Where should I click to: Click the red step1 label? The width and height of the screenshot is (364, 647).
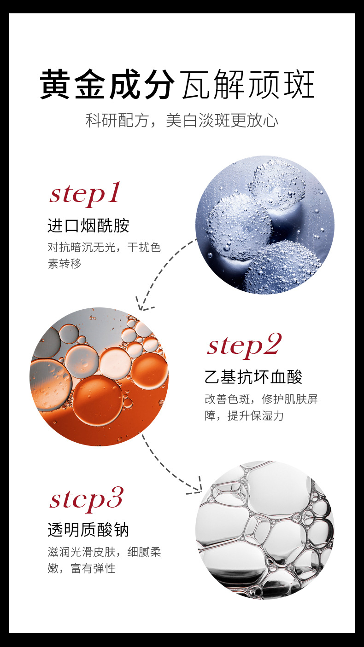click(85, 193)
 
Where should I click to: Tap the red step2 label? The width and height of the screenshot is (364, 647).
click(244, 346)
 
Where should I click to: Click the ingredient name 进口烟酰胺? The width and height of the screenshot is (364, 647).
click(88, 225)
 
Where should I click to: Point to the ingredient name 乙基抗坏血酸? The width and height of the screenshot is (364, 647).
click(253, 377)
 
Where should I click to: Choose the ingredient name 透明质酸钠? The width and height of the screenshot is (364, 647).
click(88, 530)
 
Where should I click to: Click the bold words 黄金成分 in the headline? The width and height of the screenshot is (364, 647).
click(107, 84)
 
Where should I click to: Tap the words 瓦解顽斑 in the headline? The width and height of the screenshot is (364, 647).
click(248, 84)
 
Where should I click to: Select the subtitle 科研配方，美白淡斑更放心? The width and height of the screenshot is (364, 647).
click(182, 120)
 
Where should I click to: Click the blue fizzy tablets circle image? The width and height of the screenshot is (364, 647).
click(265, 225)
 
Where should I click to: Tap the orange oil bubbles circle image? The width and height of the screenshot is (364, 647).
click(99, 376)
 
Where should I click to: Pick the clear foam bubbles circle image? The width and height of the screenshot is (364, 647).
click(265, 530)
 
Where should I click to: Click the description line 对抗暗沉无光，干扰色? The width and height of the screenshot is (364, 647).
click(104, 248)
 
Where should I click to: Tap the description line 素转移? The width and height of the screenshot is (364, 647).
click(65, 264)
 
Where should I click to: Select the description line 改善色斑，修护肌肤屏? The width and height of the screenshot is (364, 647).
click(261, 399)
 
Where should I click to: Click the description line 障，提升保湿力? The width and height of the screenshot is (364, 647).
click(244, 416)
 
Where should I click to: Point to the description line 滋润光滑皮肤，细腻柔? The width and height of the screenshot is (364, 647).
click(104, 552)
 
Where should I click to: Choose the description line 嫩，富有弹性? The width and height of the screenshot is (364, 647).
click(82, 568)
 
